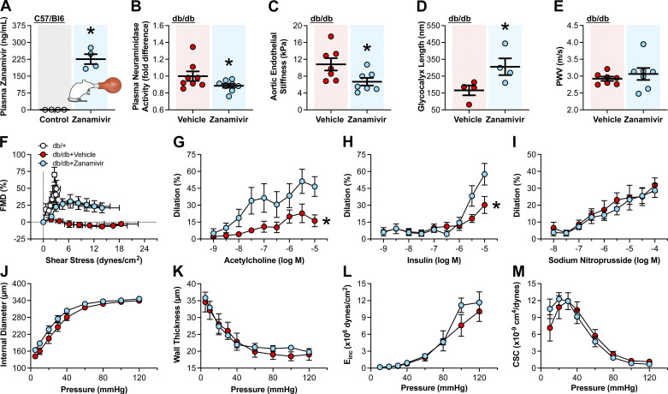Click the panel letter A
pyautogui.click(x=7, y=8)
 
